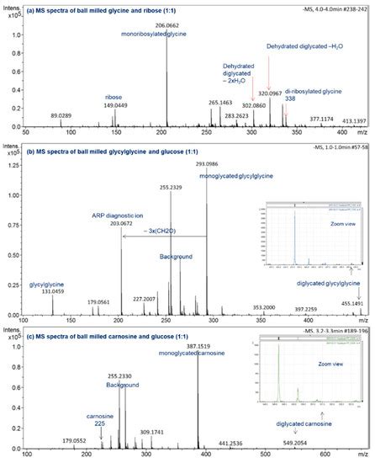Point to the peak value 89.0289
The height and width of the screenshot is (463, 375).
click(x=63, y=114)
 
